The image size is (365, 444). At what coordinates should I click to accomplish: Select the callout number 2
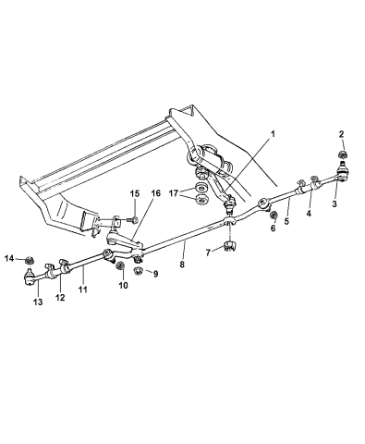click(342, 134)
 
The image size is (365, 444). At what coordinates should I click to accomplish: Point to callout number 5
click(287, 221)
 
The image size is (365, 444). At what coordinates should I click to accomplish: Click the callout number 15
click(134, 192)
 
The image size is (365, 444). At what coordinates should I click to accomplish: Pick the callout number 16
click(155, 192)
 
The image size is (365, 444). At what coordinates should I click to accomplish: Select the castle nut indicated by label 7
click(229, 249)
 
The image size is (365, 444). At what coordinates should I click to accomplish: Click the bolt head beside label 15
click(134, 219)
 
